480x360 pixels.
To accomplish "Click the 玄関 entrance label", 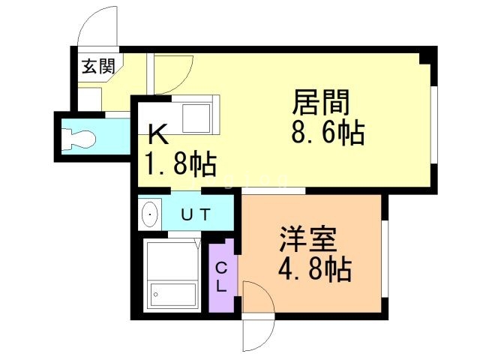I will coord(97,67).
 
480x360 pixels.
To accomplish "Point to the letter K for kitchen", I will coord(157,134).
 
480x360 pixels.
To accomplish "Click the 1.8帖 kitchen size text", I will coord(181,163).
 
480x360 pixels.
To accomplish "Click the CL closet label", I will coord(223,277).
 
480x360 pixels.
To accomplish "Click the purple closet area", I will coord(223,276).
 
